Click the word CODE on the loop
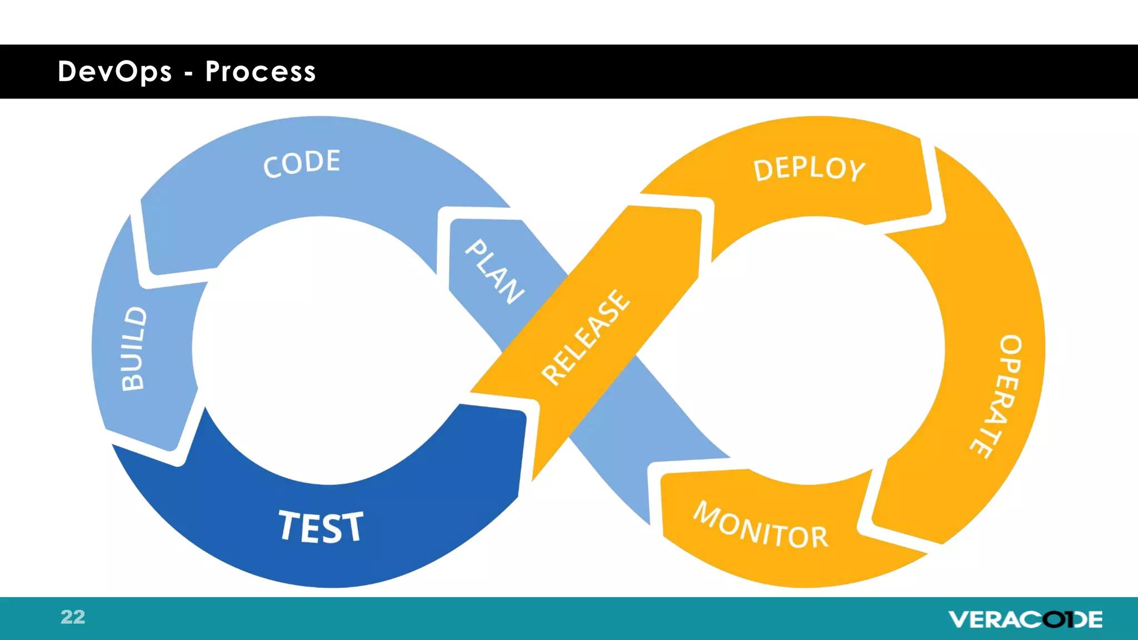pos(302,164)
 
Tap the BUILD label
pos(134,349)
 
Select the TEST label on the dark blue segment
pos(321,527)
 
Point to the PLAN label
pos(494,272)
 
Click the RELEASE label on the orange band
pos(586,337)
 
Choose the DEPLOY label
pos(809,169)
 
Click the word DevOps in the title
pos(115,72)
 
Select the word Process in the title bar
pos(261,72)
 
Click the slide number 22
pos(73,617)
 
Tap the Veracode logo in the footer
pos(1025,619)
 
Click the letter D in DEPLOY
pos(763,169)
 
